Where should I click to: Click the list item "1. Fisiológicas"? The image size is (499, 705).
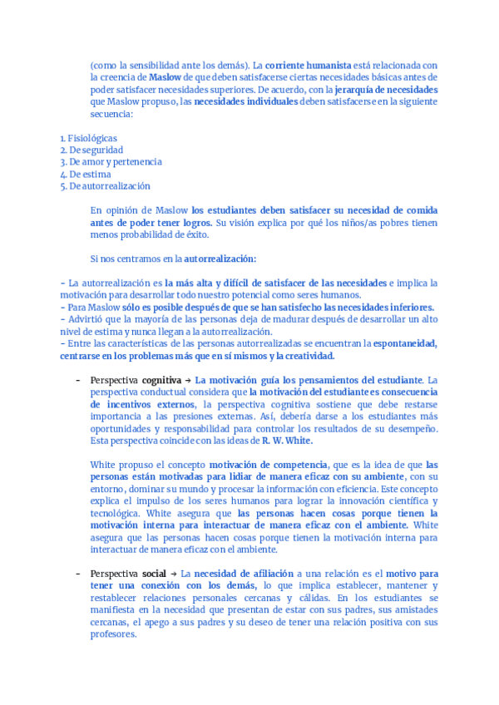[88, 138]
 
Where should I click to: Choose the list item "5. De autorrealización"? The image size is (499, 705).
[105, 186]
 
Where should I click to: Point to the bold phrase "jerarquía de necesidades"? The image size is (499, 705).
[388, 89]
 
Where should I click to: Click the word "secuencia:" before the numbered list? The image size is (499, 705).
[111, 113]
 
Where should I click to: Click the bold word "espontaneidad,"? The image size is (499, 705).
[406, 343]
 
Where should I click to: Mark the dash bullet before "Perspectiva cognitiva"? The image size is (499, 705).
[77, 380]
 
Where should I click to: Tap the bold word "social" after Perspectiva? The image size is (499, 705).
[154, 574]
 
